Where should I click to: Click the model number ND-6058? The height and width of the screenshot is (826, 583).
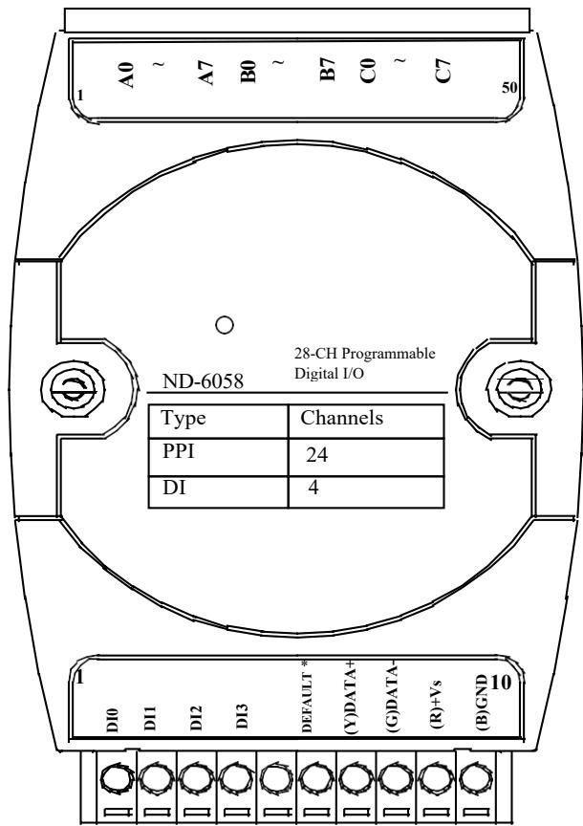coord(203,380)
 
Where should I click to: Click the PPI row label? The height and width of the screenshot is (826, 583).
coord(178,451)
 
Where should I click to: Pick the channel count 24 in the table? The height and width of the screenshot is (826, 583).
coord(317,455)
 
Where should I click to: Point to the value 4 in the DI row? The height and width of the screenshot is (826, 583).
coord(313,488)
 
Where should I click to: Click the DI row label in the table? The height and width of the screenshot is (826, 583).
coord(174,488)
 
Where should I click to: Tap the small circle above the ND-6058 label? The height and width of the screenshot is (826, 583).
coord(225,325)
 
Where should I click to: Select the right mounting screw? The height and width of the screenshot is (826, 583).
coord(519,389)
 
